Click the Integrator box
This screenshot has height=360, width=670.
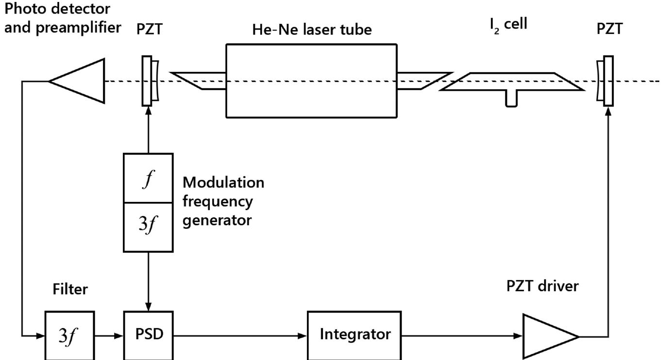(354, 335)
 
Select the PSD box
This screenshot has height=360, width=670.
(148, 335)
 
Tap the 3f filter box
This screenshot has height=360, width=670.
(70, 335)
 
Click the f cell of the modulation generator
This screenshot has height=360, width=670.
(148, 178)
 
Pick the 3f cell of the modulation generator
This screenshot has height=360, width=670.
(148, 227)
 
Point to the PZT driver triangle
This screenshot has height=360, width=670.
(547, 336)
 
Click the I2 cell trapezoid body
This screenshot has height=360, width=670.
(512, 82)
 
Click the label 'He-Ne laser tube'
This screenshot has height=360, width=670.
(312, 30)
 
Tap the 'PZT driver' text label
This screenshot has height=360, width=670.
(542, 286)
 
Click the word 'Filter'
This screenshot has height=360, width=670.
(70, 289)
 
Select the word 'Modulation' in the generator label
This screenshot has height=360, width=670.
(223, 183)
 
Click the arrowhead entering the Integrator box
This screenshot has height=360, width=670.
(303, 335)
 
